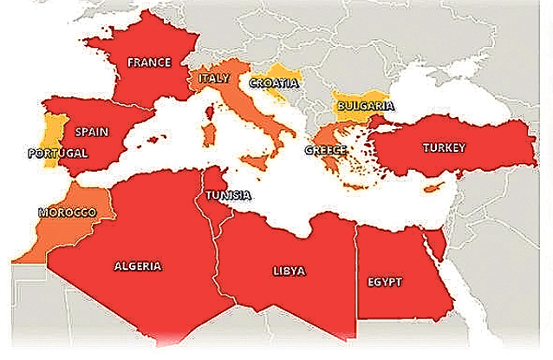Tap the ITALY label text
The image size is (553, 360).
[213, 78]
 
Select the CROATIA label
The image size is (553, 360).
[274, 83]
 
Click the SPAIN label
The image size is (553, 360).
[91, 132]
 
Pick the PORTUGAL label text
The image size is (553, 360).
[58, 153]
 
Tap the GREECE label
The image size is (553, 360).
[326, 150]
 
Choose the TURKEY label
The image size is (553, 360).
[444, 147]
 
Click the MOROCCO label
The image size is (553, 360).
[68, 212]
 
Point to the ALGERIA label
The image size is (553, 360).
[138, 266]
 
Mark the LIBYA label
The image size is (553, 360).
[289, 271]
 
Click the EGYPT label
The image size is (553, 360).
[386, 283]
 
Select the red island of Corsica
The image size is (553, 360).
[210, 110]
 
